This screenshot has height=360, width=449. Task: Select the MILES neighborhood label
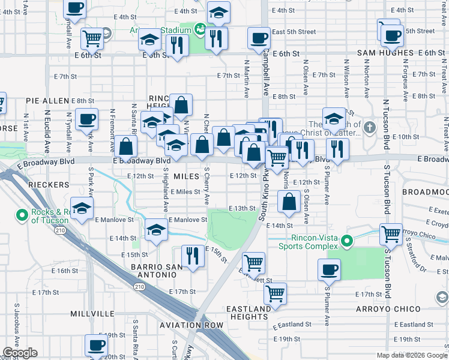[185, 176]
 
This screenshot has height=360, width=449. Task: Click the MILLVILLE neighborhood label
[92, 314]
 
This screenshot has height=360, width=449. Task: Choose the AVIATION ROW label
[191, 325]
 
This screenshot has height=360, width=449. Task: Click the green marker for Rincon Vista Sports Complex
[346, 242]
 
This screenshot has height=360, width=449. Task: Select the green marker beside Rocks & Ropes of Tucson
[22, 214]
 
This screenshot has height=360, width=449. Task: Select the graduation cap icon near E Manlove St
[156, 229]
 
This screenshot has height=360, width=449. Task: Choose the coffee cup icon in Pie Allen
[86, 118]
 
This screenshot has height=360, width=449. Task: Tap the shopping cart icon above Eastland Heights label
[275, 293]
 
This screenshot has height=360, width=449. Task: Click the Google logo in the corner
[20, 353]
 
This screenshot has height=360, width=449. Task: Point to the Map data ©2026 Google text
[411, 355]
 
